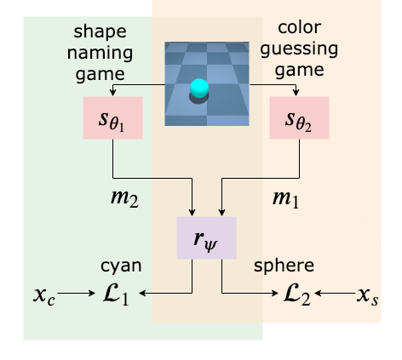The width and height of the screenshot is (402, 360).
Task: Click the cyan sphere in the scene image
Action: click(199, 88)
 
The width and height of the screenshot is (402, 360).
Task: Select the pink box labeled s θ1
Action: click(112, 117)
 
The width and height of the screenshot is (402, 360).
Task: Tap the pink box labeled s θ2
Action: click(299, 117)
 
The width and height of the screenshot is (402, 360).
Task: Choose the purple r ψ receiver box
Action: click(206, 237)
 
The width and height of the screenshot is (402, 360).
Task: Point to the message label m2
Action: click(124, 198)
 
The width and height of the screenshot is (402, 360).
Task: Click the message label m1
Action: click(285, 198)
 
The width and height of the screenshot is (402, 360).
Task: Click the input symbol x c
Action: click(44, 296)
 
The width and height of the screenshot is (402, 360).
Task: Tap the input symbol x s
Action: click(368, 296)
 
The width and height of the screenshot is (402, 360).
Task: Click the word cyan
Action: click(121, 266)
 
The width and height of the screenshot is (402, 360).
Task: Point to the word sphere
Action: click(284, 266)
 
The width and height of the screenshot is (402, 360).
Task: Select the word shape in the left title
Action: click(100, 31)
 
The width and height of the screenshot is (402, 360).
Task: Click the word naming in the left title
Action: click(100, 53)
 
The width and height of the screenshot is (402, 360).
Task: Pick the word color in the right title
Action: click(300, 27)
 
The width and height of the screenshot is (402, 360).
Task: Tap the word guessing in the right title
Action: click(299, 49)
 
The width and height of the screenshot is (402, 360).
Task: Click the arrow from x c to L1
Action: click(76, 293)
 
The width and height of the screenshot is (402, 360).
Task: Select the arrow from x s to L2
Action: click(336, 293)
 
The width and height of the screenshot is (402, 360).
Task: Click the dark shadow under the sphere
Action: click(198, 99)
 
